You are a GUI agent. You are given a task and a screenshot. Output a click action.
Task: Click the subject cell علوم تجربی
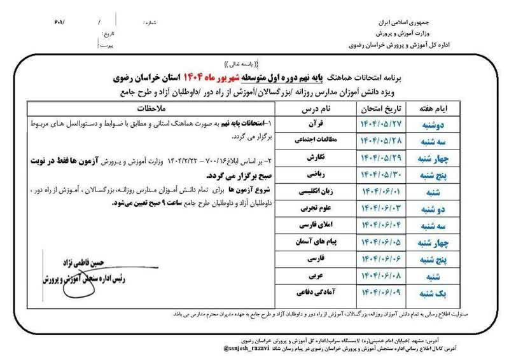317,207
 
